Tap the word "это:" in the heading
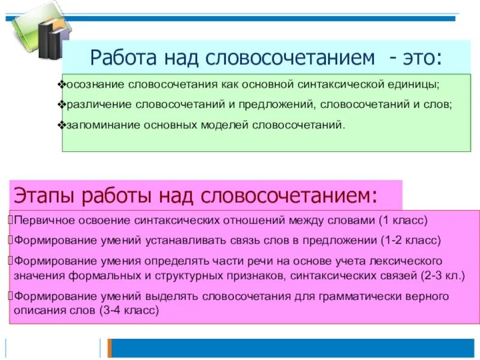pos(424,58)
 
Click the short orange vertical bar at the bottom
pos(109,348)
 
